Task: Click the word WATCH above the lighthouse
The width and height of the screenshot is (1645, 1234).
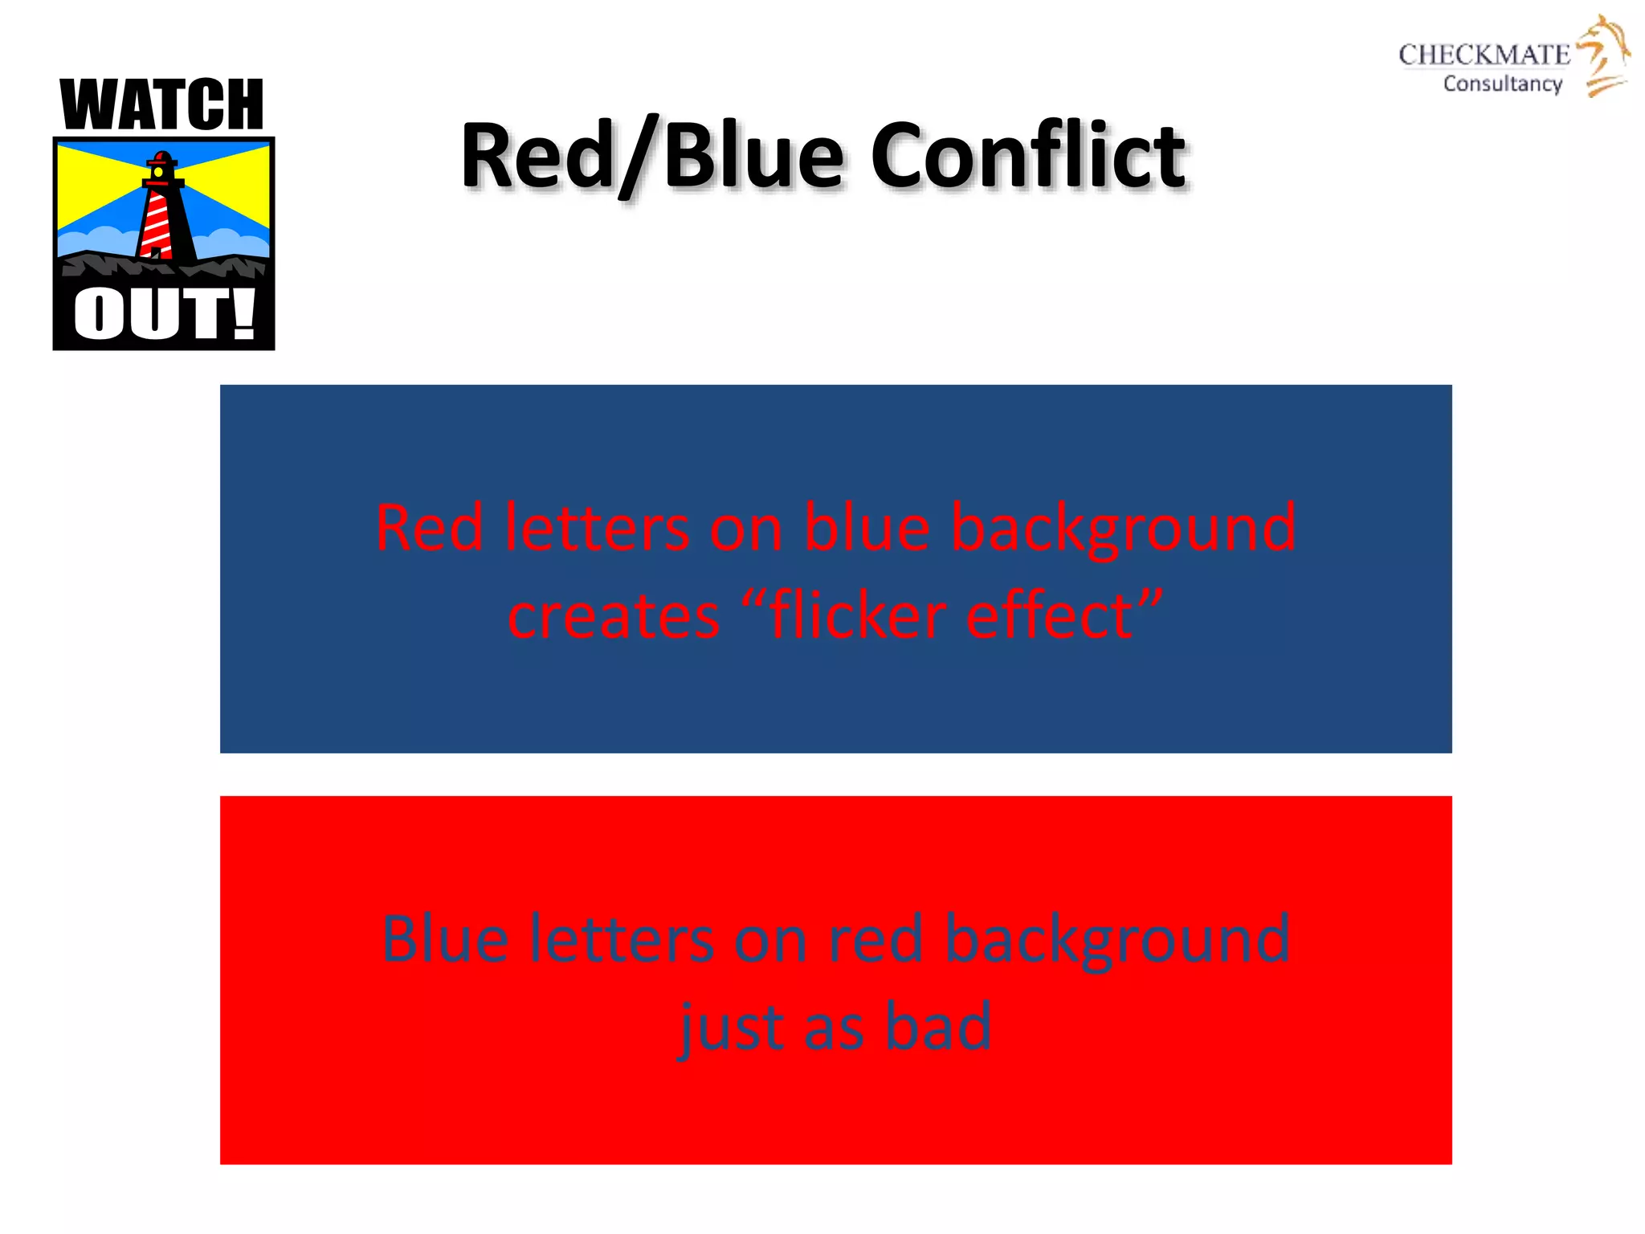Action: [x=162, y=105]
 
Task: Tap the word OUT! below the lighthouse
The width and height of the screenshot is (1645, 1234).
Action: [x=164, y=315]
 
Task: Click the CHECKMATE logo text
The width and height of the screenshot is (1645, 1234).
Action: [x=1484, y=55]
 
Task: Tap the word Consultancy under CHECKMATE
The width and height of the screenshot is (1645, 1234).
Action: [x=1502, y=84]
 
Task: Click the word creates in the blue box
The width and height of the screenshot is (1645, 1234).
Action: [x=614, y=617]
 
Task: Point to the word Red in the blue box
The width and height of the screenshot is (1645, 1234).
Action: [x=429, y=528]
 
